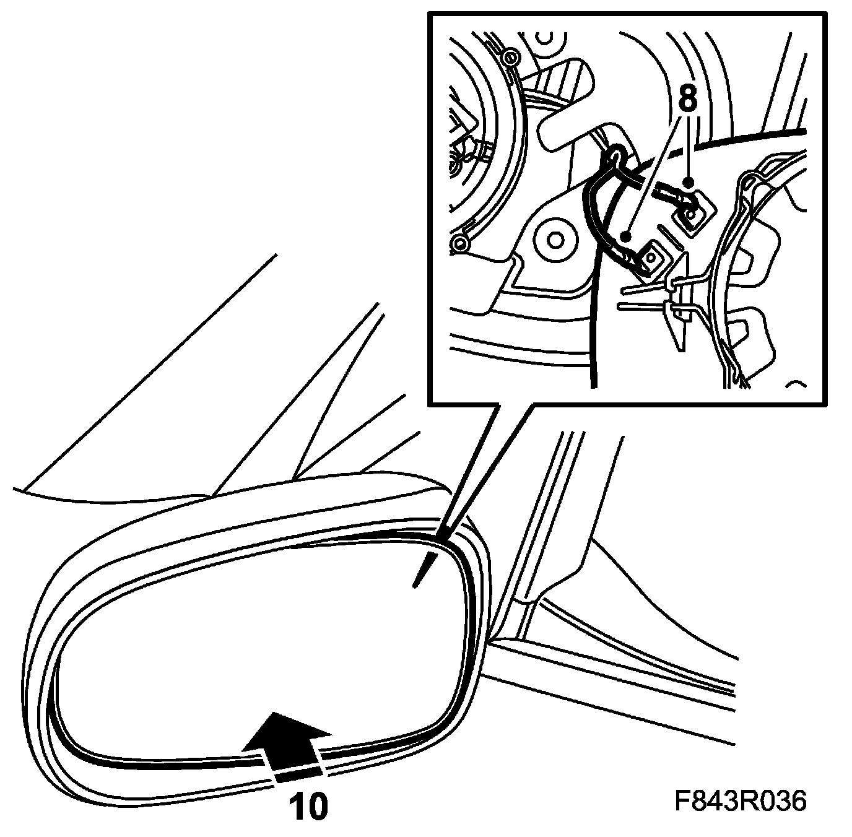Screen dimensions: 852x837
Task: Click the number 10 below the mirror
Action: tap(308, 806)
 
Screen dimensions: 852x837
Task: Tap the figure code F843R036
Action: tap(741, 802)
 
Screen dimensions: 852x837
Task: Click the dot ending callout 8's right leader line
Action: tap(688, 182)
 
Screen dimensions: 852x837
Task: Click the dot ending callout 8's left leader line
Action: tap(627, 236)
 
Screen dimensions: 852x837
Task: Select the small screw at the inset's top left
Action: tap(510, 59)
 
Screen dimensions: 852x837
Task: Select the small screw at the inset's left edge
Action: tap(459, 244)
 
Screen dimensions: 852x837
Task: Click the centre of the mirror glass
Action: tap(260, 638)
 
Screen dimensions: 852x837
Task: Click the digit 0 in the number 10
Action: tap(317, 806)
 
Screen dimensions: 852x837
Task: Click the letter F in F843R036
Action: tap(682, 802)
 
